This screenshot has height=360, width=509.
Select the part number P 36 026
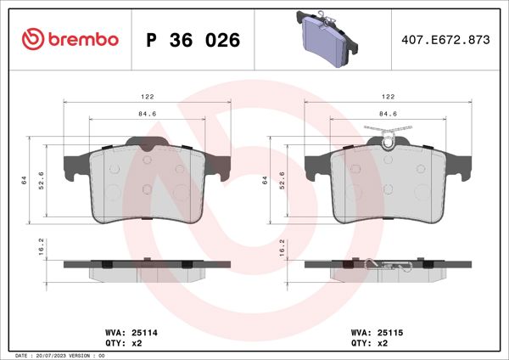193,40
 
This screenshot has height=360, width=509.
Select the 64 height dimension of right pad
266,180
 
